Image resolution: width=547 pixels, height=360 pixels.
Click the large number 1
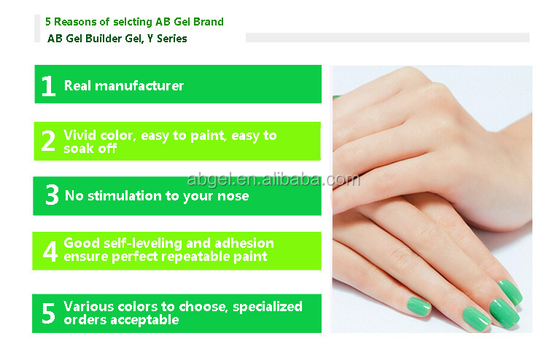(x=48, y=86)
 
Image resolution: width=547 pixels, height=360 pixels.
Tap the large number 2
(x=48, y=141)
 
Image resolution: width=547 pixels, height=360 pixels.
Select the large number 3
(x=52, y=195)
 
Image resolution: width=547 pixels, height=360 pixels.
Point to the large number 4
(x=50, y=251)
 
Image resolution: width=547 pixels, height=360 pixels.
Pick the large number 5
(x=48, y=313)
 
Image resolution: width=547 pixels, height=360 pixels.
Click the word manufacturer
(x=139, y=86)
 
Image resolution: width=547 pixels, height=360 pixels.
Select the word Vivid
(x=80, y=136)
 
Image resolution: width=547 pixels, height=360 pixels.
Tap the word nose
(x=233, y=196)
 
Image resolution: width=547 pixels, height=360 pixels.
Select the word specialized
(x=267, y=307)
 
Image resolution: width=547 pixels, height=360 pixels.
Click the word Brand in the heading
(x=209, y=22)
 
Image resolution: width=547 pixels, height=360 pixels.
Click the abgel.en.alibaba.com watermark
(x=273, y=179)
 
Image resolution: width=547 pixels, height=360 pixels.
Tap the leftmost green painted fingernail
(x=419, y=307)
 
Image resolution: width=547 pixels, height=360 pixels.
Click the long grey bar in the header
(x=387, y=37)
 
